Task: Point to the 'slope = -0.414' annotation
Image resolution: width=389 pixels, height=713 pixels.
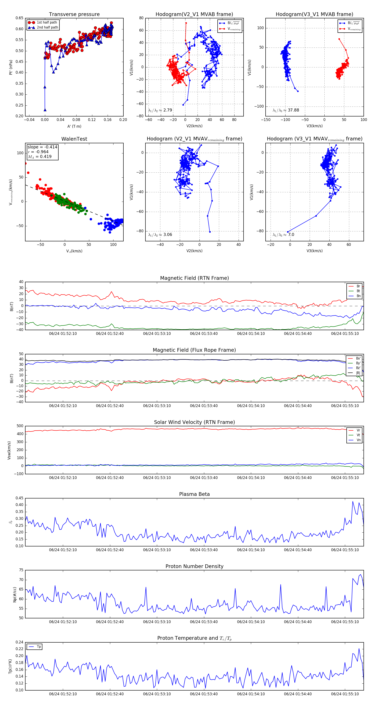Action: point(42,147)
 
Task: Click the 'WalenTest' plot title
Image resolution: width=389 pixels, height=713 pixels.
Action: point(74,139)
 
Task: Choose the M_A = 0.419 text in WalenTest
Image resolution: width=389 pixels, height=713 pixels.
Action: point(40,157)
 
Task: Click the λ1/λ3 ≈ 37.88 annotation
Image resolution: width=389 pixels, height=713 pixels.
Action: point(286,110)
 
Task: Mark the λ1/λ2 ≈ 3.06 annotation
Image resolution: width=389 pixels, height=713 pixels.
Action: point(160,235)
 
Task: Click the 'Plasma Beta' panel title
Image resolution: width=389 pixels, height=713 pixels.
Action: point(194,494)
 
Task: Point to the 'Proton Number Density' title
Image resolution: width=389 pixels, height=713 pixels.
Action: point(194,566)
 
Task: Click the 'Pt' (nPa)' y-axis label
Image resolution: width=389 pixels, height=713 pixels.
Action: point(11,67)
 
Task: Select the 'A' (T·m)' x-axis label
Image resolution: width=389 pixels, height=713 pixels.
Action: point(74,126)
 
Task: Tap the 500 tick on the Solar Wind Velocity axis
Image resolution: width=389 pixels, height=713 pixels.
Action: point(20,426)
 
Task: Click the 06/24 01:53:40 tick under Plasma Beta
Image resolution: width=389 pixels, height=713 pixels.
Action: point(204,550)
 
